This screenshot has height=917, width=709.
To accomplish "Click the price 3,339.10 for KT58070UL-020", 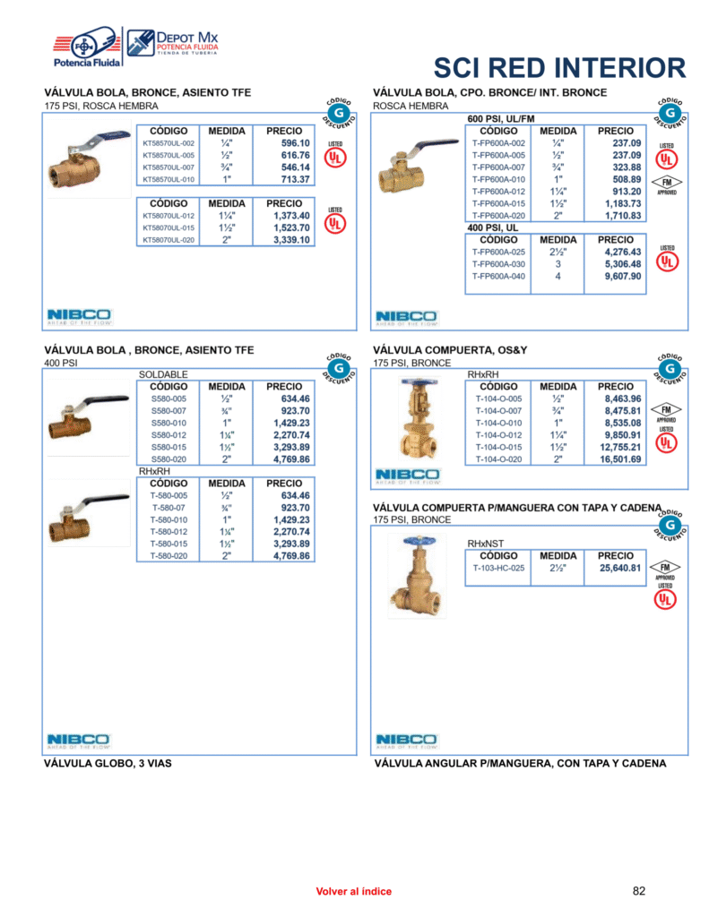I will (291, 240).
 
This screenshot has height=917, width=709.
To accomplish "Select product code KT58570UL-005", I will (169, 155).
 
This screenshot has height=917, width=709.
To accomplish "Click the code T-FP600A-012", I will (498, 192).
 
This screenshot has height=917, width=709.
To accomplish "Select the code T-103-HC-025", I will (499, 568).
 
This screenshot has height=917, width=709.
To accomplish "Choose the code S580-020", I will (169, 459).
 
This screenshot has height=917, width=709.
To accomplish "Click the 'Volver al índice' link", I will (354, 892).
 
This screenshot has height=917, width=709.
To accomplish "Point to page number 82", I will (639, 891).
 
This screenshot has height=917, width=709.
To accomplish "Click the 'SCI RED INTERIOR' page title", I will (559, 67).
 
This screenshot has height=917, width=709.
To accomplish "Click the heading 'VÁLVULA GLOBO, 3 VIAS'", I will (108, 764).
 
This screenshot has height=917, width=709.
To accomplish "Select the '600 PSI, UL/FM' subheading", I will (501, 119).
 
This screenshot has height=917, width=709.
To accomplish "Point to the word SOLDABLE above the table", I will (163, 374).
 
